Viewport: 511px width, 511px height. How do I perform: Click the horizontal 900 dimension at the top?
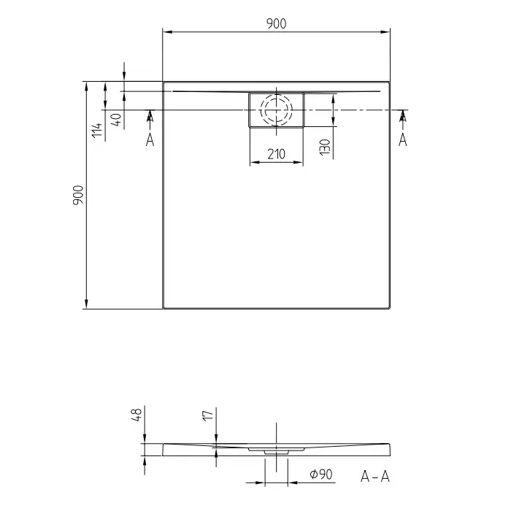[277, 24]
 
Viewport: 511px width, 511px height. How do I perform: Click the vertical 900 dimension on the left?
[78, 195]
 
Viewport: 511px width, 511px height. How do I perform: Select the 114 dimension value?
[97, 131]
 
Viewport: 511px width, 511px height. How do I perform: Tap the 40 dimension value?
[117, 119]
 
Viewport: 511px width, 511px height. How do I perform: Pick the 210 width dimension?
[277, 154]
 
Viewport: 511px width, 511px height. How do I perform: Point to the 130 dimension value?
[325, 147]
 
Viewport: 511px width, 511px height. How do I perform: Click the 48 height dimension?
[137, 415]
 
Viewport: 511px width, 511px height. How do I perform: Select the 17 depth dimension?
[208, 416]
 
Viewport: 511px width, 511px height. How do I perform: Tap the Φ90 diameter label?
[321, 474]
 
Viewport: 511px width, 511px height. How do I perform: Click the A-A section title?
[375, 477]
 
